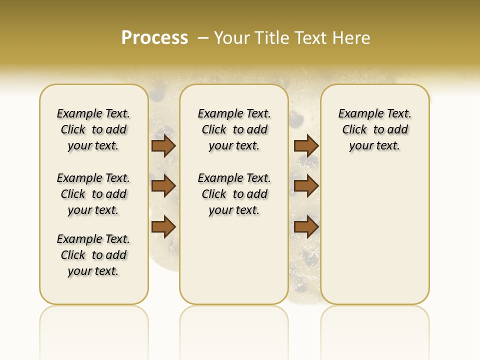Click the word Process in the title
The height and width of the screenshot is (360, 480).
[154, 38]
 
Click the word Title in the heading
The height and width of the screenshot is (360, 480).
[273, 38]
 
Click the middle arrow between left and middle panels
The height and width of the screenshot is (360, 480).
[163, 186]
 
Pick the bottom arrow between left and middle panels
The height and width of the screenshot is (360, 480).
[163, 226]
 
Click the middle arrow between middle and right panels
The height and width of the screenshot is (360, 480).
[306, 186]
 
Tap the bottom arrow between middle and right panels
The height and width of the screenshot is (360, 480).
[306, 226]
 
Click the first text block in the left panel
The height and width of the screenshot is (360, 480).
[93, 129]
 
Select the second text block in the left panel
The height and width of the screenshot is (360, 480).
[93, 194]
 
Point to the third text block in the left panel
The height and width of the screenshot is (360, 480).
[93, 255]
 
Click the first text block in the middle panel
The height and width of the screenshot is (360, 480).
[234, 129]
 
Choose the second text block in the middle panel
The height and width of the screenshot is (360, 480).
[234, 194]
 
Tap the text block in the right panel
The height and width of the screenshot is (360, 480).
[375, 129]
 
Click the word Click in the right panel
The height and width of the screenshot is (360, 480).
[354, 130]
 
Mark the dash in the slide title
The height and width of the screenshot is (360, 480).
[203, 38]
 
